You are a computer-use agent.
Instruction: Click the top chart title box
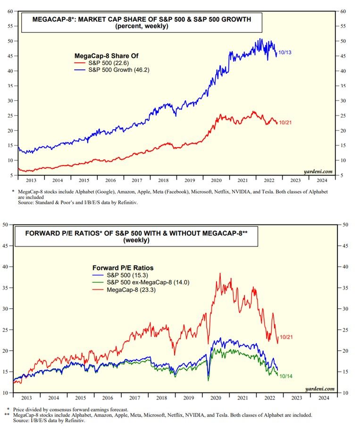[x=141, y=22]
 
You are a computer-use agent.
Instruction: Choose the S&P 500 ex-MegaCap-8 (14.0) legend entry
[x=142, y=282]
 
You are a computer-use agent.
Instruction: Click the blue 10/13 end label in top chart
[x=285, y=52]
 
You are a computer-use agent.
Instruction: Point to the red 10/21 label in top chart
[x=285, y=123]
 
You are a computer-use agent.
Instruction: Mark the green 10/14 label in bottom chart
[x=286, y=376]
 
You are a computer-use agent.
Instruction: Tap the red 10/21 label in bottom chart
[x=286, y=337]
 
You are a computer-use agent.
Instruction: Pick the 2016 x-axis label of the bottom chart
[x=110, y=398]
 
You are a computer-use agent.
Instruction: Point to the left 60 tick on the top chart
[x=10, y=11]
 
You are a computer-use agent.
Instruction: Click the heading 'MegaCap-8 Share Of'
[x=101, y=55]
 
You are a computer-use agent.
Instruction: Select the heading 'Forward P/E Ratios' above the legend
[x=124, y=267]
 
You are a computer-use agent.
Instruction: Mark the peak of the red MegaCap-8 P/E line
[x=220, y=273]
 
